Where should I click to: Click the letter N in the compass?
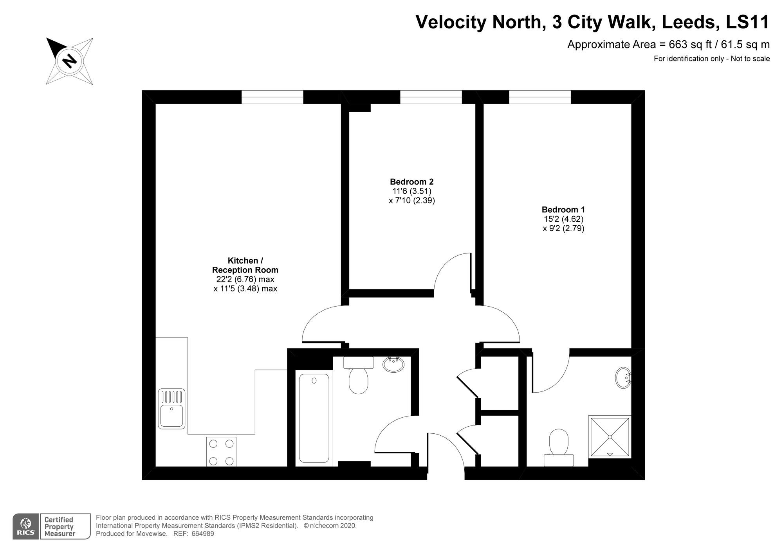(70, 61)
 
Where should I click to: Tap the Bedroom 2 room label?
(411, 182)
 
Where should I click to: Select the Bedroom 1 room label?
(563, 210)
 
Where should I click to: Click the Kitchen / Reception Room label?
(245, 265)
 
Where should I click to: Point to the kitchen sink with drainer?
(171, 408)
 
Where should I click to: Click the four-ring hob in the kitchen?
(221, 452)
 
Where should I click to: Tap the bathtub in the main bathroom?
(314, 418)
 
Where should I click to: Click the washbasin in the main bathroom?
(393, 364)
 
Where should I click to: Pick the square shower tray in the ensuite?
(610, 436)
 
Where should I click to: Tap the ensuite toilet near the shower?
(559, 447)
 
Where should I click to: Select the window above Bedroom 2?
(431, 97)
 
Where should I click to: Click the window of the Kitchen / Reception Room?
(272, 97)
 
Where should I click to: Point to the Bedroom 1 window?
(540, 97)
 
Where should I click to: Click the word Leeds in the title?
(690, 22)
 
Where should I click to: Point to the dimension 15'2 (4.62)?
(563, 219)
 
